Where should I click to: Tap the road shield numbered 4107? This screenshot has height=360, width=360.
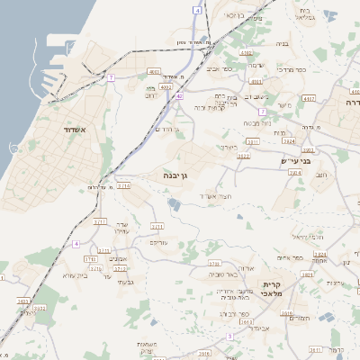pos(310,98)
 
